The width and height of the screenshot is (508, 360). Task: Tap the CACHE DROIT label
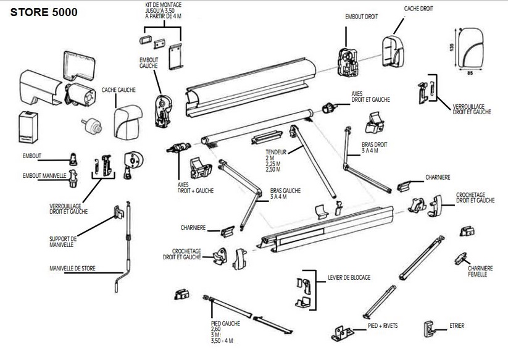pos(418,9)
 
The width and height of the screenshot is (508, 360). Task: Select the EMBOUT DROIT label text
pos(362,17)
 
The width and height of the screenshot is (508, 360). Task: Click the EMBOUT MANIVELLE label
pos(44,175)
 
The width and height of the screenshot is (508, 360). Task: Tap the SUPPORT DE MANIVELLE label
pos(63,241)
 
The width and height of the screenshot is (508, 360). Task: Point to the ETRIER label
pos(457,325)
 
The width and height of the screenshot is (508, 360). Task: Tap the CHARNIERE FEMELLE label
pos(480,270)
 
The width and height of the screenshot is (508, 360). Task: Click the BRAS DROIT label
pos(375,147)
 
